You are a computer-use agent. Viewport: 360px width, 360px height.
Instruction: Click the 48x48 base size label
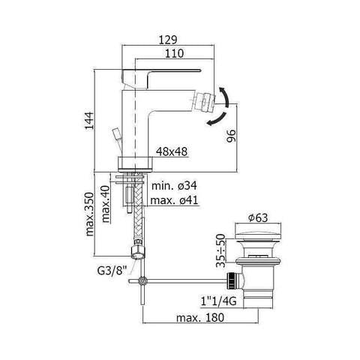pyautogui.click(x=172, y=151)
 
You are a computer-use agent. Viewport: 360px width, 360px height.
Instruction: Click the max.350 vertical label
pyautogui.click(x=90, y=217)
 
